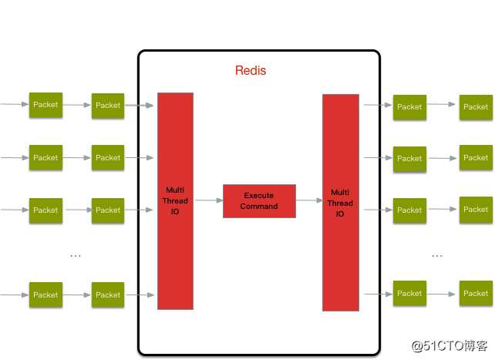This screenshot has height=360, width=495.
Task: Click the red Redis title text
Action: (x=251, y=71)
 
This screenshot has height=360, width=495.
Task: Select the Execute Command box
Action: (x=259, y=200)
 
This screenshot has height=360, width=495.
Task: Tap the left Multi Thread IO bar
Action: (x=175, y=200)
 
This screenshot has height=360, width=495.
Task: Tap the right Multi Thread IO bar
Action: (x=340, y=202)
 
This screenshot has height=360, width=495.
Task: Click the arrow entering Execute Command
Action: (x=208, y=200)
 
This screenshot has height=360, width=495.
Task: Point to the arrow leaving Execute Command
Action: (x=308, y=200)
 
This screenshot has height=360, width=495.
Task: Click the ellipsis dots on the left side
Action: (x=76, y=255)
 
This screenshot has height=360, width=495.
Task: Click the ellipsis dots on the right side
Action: (x=437, y=255)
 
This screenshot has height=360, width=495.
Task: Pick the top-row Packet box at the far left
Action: (x=45, y=105)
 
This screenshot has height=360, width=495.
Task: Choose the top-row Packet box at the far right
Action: (x=476, y=106)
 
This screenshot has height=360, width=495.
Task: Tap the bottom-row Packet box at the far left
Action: (x=45, y=294)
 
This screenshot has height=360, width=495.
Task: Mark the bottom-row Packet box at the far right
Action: (x=476, y=293)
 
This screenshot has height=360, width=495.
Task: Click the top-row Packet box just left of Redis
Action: (x=108, y=106)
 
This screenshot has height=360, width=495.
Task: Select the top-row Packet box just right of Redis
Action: (x=409, y=107)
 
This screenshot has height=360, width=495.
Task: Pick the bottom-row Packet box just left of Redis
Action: (x=108, y=294)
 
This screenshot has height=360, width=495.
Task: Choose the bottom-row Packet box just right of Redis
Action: (x=409, y=293)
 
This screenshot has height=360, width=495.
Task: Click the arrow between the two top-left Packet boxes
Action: (x=76, y=106)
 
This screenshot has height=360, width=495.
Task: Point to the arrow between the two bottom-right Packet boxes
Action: (x=443, y=293)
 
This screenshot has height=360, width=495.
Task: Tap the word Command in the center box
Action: (x=259, y=206)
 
